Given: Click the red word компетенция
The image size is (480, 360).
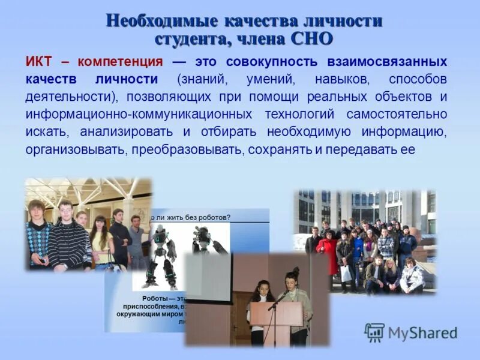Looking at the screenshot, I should (120, 62).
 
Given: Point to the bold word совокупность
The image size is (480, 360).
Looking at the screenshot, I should (267, 62).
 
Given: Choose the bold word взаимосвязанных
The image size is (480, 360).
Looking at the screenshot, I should (387, 62).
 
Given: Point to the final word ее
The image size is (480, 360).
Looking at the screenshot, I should (407, 149).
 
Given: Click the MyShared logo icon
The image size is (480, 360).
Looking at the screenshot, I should (374, 332).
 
